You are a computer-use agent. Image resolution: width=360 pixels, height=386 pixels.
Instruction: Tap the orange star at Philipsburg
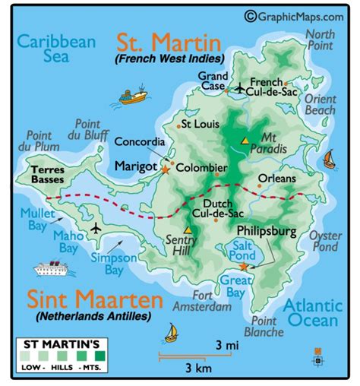pos(244,267)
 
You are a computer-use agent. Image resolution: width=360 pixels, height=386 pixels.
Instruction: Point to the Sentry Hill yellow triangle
pos(188,229)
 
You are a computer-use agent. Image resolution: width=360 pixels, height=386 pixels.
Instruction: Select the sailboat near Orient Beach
pos(330,159)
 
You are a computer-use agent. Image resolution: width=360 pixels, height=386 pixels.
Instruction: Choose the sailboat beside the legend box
pos(172,332)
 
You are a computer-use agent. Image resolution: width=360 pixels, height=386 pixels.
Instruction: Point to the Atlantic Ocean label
pos(311,315)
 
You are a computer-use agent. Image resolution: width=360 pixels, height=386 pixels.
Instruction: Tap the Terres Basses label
pos(48,175)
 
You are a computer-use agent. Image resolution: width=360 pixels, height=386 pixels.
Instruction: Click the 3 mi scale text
pos(222,346)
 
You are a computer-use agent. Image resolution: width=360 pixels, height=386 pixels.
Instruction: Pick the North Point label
pos(319,40)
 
